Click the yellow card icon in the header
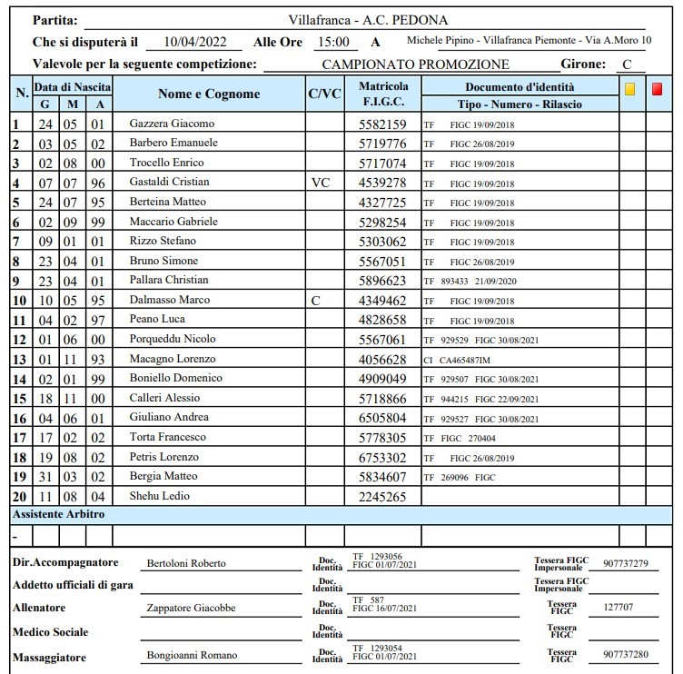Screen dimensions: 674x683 pos(629,89)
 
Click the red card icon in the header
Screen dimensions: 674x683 pos(657,89)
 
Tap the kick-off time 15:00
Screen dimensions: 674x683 pos(332,42)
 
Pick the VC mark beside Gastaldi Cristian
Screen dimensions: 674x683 pos(320,182)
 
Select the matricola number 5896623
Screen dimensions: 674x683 pos(382,280)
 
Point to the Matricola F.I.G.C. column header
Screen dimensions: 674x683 pos(382,94)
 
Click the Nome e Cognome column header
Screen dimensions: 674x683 pos(208,94)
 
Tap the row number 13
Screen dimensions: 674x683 pos(20,359)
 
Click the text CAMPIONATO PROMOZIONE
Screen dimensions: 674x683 pos(415,64)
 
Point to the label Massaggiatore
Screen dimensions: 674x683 pos(50,655)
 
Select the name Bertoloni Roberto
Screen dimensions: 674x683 pos(186,563)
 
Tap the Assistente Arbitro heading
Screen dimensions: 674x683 pos(58,514)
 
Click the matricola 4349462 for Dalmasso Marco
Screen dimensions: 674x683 pos(382,300)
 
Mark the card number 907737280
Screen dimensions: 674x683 pos(624,655)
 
